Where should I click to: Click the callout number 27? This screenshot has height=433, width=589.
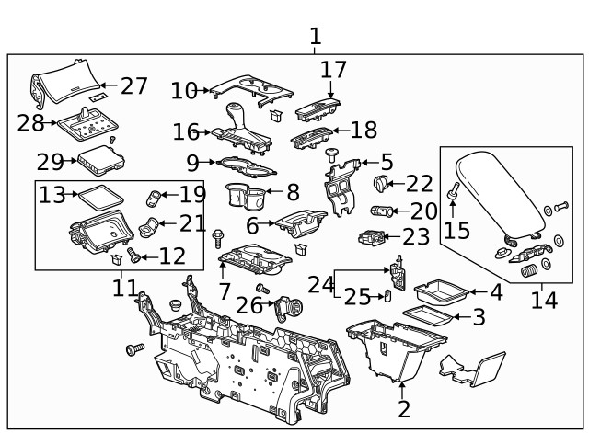[x=133, y=85]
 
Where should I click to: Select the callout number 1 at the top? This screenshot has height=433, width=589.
[x=315, y=37]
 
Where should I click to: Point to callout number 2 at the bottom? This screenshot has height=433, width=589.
[x=403, y=410]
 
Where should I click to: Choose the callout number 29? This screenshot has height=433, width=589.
[x=50, y=163]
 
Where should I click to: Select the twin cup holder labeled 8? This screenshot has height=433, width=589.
[x=245, y=196]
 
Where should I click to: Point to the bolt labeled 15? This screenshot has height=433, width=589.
[x=453, y=193]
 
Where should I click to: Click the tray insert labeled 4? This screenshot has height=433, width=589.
[x=439, y=294]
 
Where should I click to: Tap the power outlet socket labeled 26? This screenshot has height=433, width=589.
[x=290, y=308]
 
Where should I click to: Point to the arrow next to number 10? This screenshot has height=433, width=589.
[x=205, y=90]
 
